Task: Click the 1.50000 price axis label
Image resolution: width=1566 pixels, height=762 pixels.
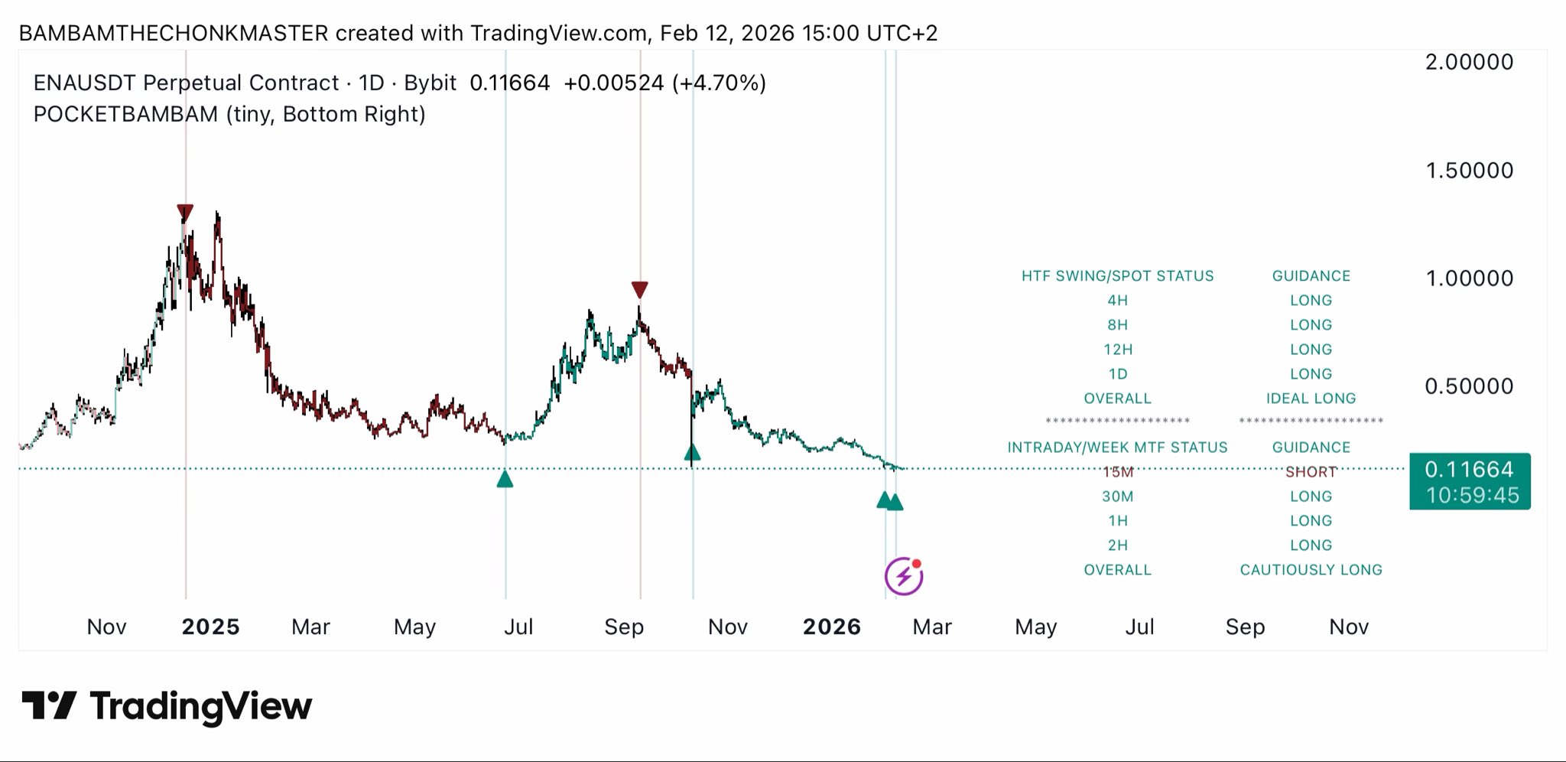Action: (x=1469, y=171)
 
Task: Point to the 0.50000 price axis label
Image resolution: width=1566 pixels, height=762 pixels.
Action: (x=1469, y=386)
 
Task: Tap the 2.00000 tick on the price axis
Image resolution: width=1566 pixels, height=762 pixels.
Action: (x=1469, y=62)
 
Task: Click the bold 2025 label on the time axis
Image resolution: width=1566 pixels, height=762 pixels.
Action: (x=210, y=627)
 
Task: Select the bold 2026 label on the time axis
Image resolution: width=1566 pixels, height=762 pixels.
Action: (x=831, y=627)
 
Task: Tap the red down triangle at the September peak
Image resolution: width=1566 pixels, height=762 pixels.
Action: (x=640, y=290)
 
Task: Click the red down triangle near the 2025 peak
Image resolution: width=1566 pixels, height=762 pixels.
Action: (x=184, y=213)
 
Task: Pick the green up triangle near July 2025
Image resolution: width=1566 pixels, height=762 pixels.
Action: (x=505, y=480)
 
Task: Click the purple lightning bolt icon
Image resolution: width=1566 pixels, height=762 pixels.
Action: (x=904, y=576)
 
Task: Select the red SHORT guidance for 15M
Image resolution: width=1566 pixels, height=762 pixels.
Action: (x=1311, y=472)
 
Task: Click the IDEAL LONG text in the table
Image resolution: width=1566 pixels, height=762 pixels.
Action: (x=1311, y=399)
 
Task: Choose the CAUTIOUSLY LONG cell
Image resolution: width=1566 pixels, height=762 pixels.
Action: (x=1311, y=570)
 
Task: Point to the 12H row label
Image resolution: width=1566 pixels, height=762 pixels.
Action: (x=1117, y=350)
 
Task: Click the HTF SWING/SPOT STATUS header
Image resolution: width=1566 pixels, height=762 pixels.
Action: (x=1117, y=276)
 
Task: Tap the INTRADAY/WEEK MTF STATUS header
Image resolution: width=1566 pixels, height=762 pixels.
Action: (x=1117, y=448)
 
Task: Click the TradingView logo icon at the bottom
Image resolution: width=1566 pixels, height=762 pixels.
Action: (x=49, y=705)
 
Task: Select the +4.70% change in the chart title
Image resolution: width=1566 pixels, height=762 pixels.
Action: (x=719, y=83)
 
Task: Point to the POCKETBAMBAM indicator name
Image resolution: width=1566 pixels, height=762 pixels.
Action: (x=125, y=114)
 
